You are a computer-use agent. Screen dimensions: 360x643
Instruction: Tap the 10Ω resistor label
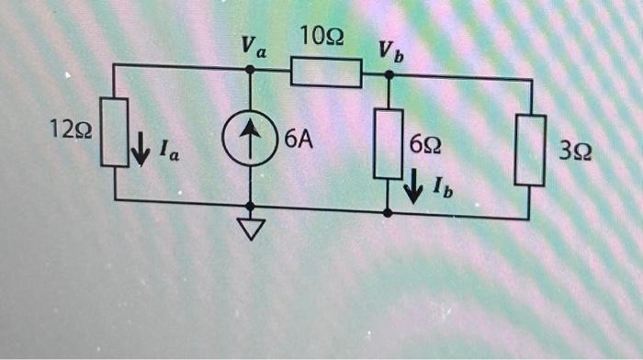(x=322, y=38)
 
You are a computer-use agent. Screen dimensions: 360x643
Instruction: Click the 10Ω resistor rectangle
(x=326, y=72)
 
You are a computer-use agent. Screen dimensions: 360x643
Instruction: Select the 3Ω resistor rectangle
(x=531, y=149)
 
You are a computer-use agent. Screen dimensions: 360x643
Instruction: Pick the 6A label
(x=298, y=140)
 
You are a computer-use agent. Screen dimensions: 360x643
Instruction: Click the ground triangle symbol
(x=251, y=231)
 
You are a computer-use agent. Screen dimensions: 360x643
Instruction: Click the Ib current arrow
(x=414, y=188)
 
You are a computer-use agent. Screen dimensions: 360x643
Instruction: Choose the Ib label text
(x=443, y=194)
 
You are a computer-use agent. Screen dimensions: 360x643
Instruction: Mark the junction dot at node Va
(x=250, y=67)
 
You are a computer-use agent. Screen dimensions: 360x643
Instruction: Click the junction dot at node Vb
(x=389, y=75)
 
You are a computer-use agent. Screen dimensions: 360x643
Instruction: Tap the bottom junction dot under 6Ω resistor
(x=388, y=212)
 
